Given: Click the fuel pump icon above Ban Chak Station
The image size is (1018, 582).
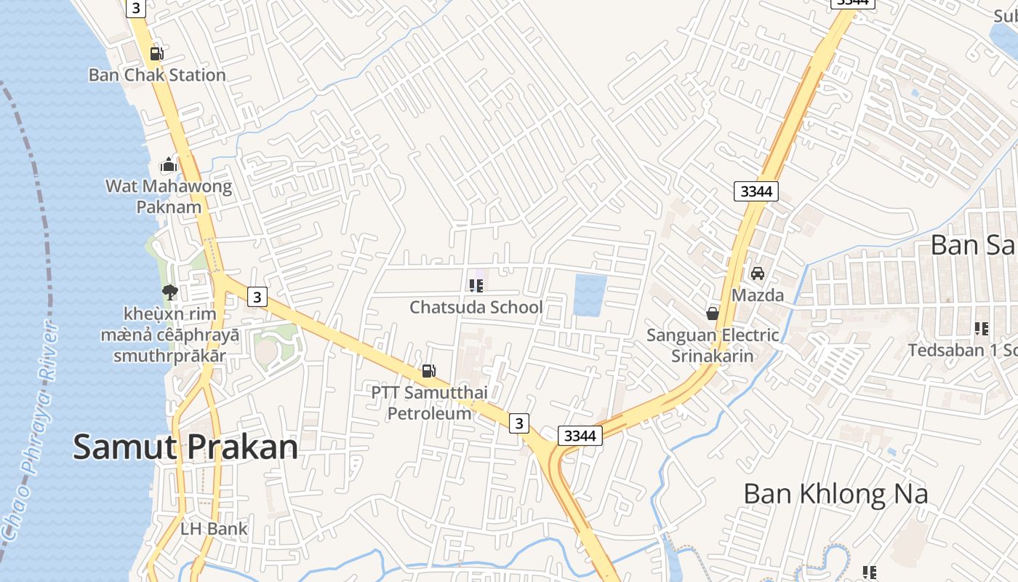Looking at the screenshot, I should click(156, 53).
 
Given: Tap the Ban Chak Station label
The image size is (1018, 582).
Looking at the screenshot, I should click(157, 75).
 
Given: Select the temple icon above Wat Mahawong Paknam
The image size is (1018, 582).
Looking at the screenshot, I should click(169, 165).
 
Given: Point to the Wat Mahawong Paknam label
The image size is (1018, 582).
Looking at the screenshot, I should click(169, 196).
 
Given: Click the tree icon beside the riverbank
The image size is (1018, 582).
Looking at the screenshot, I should click(170, 292).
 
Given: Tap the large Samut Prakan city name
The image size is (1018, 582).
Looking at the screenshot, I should click(185, 447).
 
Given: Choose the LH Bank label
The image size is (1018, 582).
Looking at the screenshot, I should click(214, 529).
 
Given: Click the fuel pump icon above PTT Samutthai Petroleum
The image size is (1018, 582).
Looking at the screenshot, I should click(429, 371).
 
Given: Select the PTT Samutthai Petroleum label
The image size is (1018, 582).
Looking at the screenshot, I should click(429, 403).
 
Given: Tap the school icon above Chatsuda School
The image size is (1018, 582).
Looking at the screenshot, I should click(476, 286).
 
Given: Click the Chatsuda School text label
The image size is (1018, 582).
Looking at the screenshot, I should click(476, 307).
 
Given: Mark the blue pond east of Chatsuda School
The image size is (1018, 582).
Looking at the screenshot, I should click(590, 295).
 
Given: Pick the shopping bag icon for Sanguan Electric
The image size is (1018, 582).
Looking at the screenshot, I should click(713, 314).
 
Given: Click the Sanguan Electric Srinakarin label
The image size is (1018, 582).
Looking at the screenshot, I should click(713, 346).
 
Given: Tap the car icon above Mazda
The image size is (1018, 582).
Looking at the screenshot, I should click(758, 274).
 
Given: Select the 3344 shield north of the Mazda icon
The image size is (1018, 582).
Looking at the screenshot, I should click(756, 191).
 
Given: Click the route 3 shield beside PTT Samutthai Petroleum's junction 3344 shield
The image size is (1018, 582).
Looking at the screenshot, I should click(518, 423).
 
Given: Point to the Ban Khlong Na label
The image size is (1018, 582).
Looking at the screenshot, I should click(835, 494).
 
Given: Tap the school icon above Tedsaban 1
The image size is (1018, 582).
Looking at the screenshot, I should click(982, 329).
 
